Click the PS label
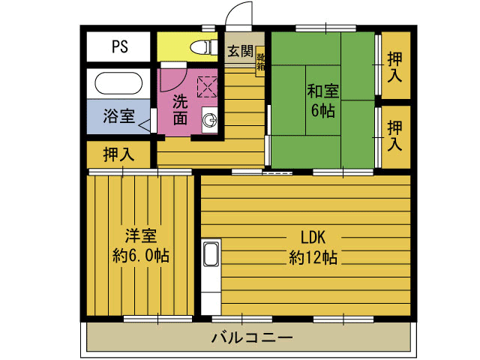(x=120, y=47)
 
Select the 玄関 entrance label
(x=241, y=52)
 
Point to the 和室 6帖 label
(x=322, y=100)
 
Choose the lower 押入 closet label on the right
(x=394, y=133)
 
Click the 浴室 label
(x=118, y=116)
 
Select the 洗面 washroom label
(x=180, y=109)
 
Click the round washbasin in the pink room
(x=211, y=118)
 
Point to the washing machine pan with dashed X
(x=206, y=85)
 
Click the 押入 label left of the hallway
(x=118, y=155)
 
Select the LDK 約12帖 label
(x=313, y=247)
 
